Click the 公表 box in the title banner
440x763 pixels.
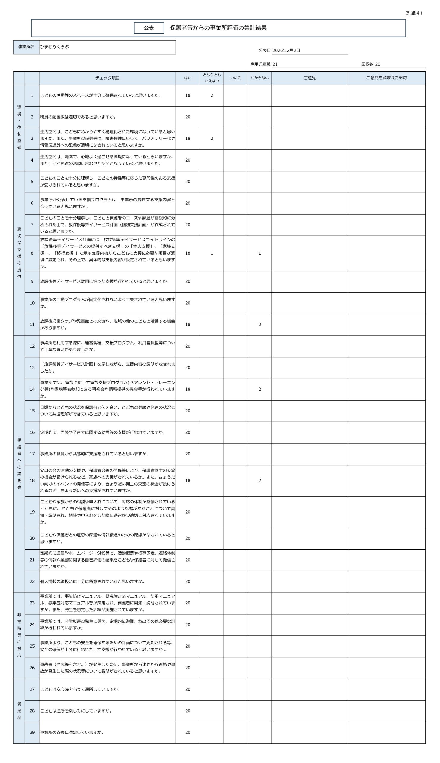[x=149, y=28]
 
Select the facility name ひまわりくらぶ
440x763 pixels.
[x=55, y=47]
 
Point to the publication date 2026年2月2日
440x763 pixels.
[x=286, y=50]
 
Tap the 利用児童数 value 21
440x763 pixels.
[x=275, y=64]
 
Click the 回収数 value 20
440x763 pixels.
[x=377, y=64]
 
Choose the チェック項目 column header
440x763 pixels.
[x=107, y=78]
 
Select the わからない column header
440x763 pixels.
[x=259, y=78]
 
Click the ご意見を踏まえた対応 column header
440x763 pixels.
[x=386, y=78]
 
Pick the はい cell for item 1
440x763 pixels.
[x=188, y=96]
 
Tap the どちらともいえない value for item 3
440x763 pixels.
[x=212, y=139]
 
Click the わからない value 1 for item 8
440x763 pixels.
[x=259, y=253]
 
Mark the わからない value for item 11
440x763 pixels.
[x=259, y=324]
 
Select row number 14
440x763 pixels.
[x=32, y=389]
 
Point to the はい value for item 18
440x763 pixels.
[x=188, y=480]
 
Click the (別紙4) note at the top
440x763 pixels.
[x=413, y=13]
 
